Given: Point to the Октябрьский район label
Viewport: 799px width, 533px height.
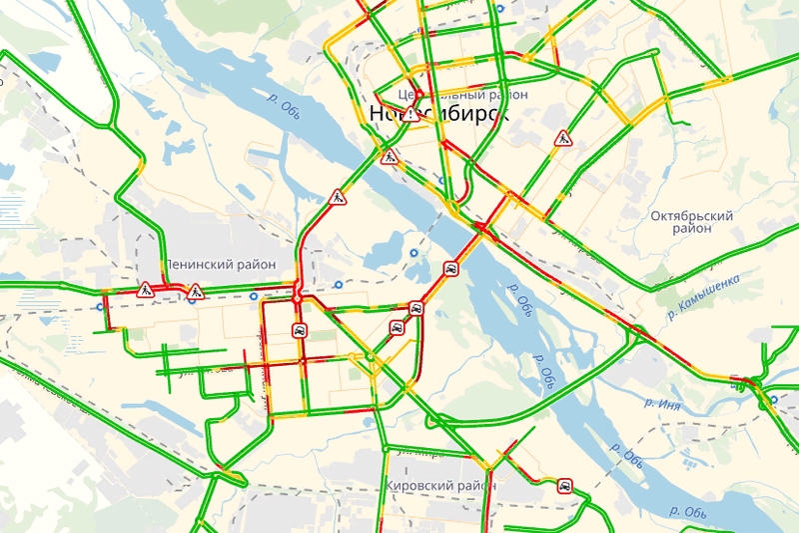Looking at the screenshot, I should (691, 222).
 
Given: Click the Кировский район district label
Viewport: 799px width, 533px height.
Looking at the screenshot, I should (439, 485).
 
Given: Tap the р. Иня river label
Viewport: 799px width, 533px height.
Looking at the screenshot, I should (661, 403).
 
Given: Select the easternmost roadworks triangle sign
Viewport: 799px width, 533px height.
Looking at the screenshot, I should (562, 138).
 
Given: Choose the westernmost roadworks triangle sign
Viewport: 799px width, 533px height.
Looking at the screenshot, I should (146, 290).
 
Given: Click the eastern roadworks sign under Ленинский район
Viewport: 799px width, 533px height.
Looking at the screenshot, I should (195, 291).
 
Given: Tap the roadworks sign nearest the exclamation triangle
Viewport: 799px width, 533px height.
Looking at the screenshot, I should (390, 156).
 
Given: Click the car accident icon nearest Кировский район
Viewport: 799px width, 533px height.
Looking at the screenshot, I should (565, 487).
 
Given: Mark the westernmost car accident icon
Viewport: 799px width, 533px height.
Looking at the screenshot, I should (298, 330).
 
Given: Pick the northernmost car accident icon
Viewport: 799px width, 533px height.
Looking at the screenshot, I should (450, 268).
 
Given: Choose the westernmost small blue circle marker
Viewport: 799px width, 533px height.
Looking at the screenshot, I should (100, 306).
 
